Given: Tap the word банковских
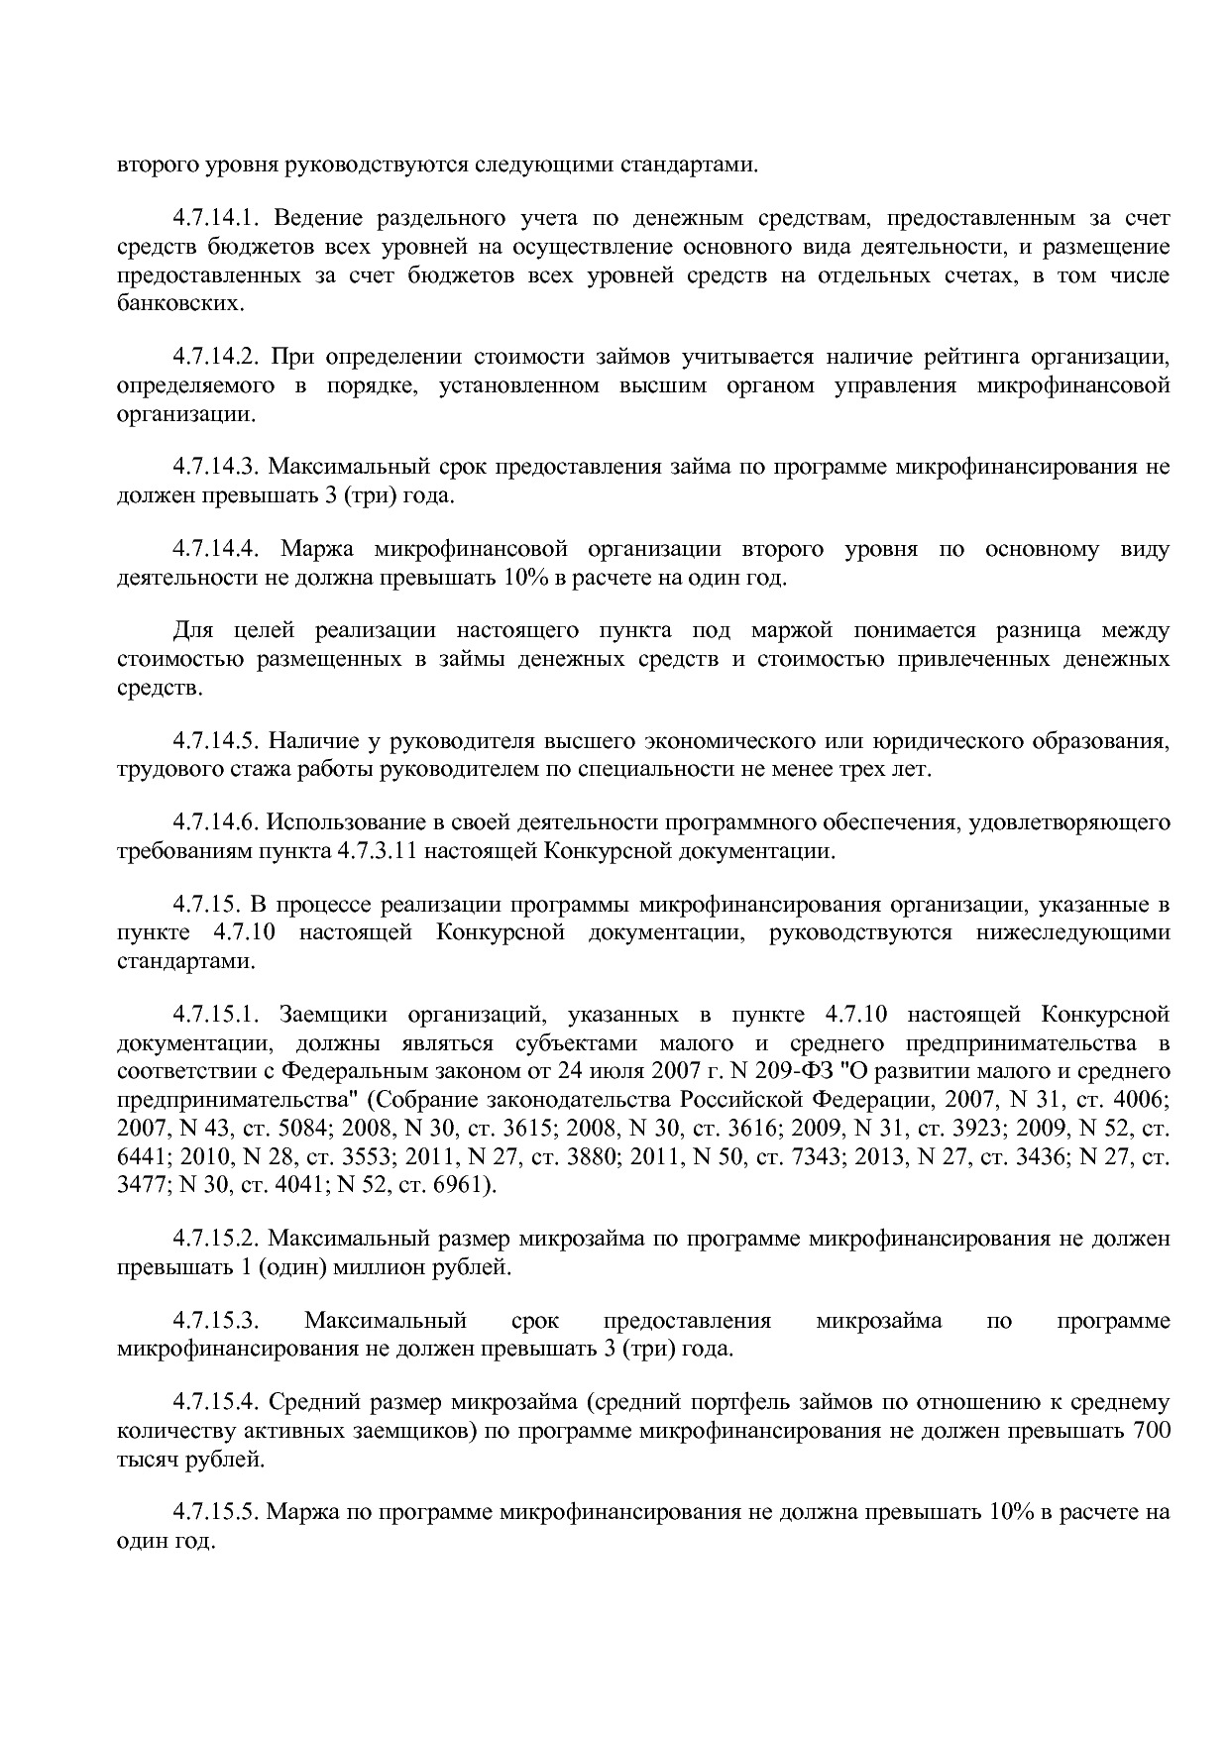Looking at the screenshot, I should click(x=180, y=304).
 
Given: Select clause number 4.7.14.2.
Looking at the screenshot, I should click(x=216, y=357).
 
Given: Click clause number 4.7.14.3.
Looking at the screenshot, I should click(x=216, y=467).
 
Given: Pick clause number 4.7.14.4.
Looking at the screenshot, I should click(x=216, y=549).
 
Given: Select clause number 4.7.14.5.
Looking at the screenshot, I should click(x=216, y=741).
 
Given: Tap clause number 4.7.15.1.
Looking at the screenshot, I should click(x=216, y=1016).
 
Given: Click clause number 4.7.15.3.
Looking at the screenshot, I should click(x=216, y=1322).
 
